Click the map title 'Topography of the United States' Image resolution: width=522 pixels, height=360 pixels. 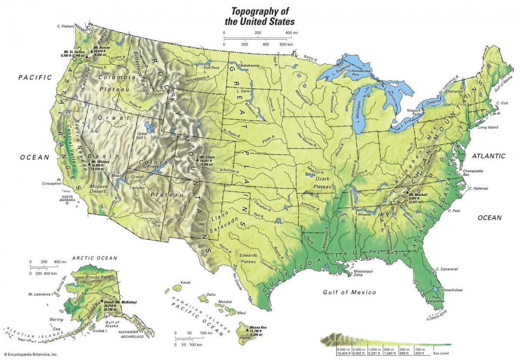pyautogui.click(x=259, y=16)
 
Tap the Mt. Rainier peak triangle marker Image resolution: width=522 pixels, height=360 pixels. pyautogui.click(x=92, y=52)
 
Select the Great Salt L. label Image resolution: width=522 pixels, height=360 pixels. pyautogui.click(x=143, y=136)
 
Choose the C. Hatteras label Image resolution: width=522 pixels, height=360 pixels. pyautogui.click(x=478, y=188)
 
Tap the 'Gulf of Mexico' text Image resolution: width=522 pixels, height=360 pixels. pyautogui.click(x=349, y=292)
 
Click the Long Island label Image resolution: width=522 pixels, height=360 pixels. pyautogui.click(x=488, y=128)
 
